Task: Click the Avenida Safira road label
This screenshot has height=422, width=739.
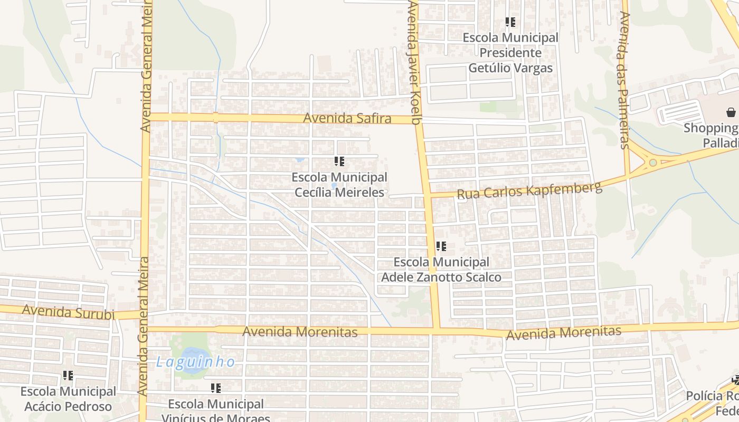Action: click(x=347, y=118)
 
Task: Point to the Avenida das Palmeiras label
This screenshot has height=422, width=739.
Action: click(x=624, y=79)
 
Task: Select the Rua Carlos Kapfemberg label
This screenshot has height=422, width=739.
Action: click(x=529, y=190)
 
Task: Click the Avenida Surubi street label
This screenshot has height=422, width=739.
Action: click(x=68, y=312)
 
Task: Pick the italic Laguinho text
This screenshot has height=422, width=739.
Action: click(x=195, y=362)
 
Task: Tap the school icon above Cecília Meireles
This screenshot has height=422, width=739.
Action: click(x=339, y=161)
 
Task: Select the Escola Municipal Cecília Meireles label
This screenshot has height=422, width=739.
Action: click(x=339, y=185)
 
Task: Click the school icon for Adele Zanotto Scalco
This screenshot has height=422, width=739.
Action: click(x=441, y=246)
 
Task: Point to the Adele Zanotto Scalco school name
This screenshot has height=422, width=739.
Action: click(x=441, y=270)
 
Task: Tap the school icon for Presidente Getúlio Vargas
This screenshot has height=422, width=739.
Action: click(x=510, y=22)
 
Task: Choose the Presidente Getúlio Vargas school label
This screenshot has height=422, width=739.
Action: click(x=510, y=53)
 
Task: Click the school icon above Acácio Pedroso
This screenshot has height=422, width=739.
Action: click(x=68, y=376)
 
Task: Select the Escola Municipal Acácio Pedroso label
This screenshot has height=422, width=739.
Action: click(x=68, y=399)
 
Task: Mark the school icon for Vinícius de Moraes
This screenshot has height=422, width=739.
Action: click(x=215, y=388)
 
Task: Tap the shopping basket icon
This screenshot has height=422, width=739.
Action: click(x=731, y=112)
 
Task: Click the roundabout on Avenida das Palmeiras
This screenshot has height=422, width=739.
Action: click(x=653, y=162)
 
